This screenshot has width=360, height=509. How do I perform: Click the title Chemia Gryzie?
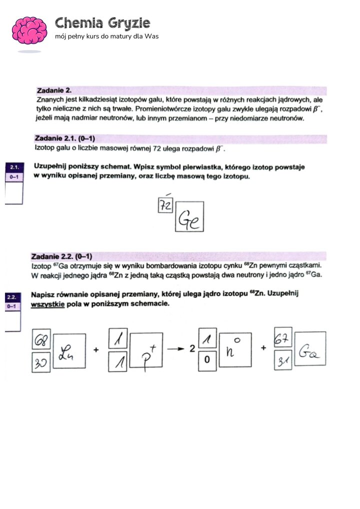pyautogui.click(x=102, y=23)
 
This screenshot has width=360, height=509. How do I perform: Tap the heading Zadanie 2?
pyautogui.click(x=54, y=90)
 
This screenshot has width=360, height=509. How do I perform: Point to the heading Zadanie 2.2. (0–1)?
pyautogui.click(x=62, y=256)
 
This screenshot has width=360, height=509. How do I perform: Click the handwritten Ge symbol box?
pyautogui.click(x=189, y=216)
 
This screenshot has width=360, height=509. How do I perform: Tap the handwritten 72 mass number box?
pyautogui.click(x=165, y=205)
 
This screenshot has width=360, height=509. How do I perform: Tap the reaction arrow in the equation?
pyautogui.click(x=176, y=349)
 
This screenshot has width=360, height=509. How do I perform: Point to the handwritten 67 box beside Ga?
pyautogui.click(x=282, y=340)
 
